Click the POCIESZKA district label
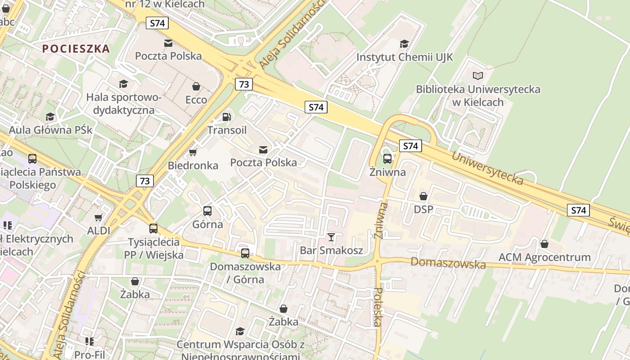click(76, 49)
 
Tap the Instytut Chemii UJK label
click(405, 58)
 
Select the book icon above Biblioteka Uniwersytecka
click(477, 76)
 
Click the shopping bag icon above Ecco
click(196, 86)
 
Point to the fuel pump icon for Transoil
click(227, 117)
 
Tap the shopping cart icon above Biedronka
click(193, 153)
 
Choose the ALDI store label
click(99, 231)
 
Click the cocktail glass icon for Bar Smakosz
click(331, 237)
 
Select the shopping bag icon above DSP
click(423, 196)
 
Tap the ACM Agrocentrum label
click(544, 257)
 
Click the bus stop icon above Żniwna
click(387, 159)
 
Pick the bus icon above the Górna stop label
click(207, 211)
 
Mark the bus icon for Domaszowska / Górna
click(245, 253)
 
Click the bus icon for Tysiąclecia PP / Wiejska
click(153, 229)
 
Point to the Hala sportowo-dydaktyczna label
click(123, 103)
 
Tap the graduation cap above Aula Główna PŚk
click(50, 117)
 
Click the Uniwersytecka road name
click(487, 169)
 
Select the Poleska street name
click(378, 307)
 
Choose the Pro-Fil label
click(90, 355)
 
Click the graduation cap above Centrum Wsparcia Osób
click(240, 332)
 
